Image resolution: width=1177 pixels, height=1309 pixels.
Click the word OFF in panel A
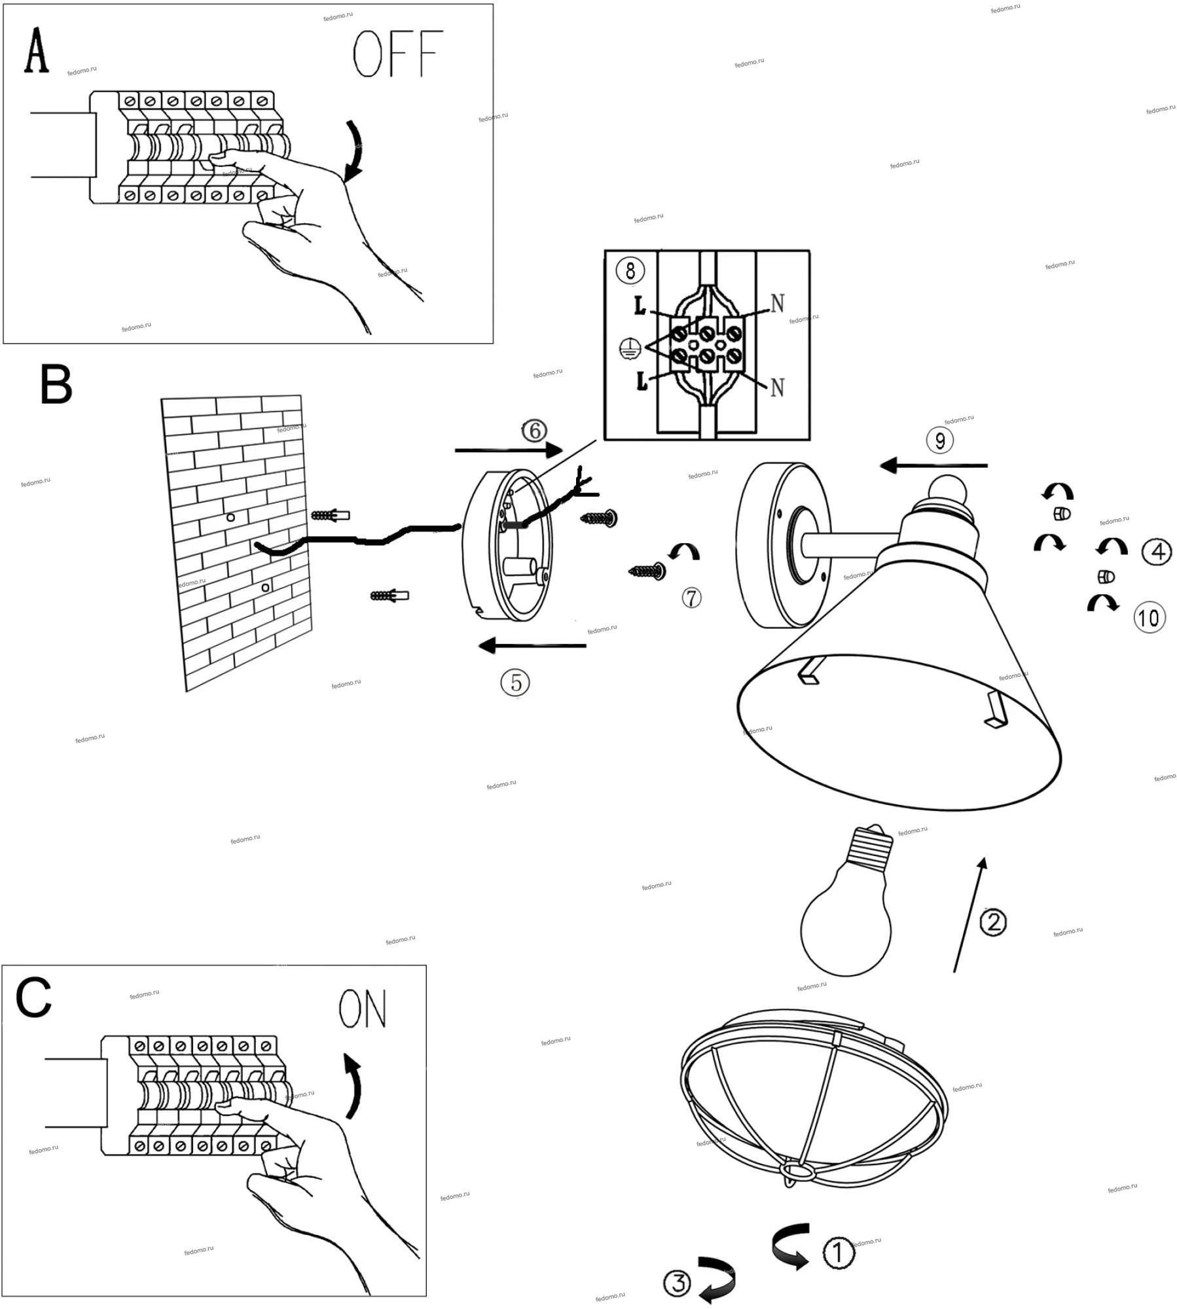(x=397, y=54)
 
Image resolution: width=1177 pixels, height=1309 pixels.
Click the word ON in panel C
(x=362, y=1009)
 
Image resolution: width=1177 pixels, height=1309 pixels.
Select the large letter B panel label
(x=56, y=385)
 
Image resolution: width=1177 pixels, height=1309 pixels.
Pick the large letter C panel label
(x=33, y=998)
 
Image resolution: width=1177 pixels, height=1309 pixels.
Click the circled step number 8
(x=630, y=270)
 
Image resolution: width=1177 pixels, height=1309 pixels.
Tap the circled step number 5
(x=515, y=683)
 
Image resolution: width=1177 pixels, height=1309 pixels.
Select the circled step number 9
(x=939, y=440)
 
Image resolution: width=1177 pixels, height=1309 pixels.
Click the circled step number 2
(x=993, y=922)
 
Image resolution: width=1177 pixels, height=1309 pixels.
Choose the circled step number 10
(x=1150, y=618)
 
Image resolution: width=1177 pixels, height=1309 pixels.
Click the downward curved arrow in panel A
(x=355, y=149)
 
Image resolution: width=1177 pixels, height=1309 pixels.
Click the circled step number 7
(x=691, y=597)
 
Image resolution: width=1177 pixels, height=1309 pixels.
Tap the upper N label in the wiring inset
(x=777, y=304)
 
